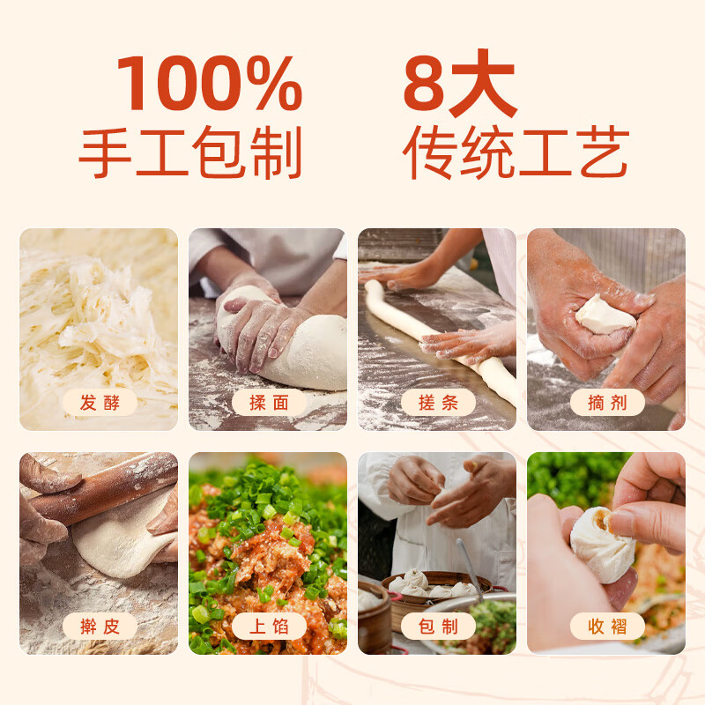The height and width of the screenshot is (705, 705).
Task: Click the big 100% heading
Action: (x=210, y=83)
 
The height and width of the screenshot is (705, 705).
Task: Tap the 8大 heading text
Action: (x=460, y=83)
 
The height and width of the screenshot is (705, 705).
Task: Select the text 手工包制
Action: (x=190, y=152)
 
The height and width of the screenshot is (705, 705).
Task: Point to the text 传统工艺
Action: (x=516, y=152)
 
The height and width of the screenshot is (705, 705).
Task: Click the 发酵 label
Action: (x=100, y=403)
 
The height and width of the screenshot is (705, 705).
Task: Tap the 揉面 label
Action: (x=269, y=403)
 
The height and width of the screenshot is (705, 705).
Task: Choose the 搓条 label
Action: (x=438, y=403)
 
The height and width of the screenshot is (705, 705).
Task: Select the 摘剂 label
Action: (x=607, y=403)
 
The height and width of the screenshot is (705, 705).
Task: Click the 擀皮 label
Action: (x=100, y=626)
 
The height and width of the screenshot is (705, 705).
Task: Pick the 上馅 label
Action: (x=269, y=626)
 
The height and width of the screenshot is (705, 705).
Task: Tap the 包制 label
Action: (x=438, y=626)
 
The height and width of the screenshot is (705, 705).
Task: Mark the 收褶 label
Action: (x=607, y=626)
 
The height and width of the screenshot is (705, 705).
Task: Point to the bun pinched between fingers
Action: (x=603, y=544)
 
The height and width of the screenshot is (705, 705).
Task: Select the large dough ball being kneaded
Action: (x=288, y=342)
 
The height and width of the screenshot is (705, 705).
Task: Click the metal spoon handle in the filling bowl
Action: (x=470, y=568)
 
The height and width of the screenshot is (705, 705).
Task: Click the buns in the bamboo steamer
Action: (x=429, y=584)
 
